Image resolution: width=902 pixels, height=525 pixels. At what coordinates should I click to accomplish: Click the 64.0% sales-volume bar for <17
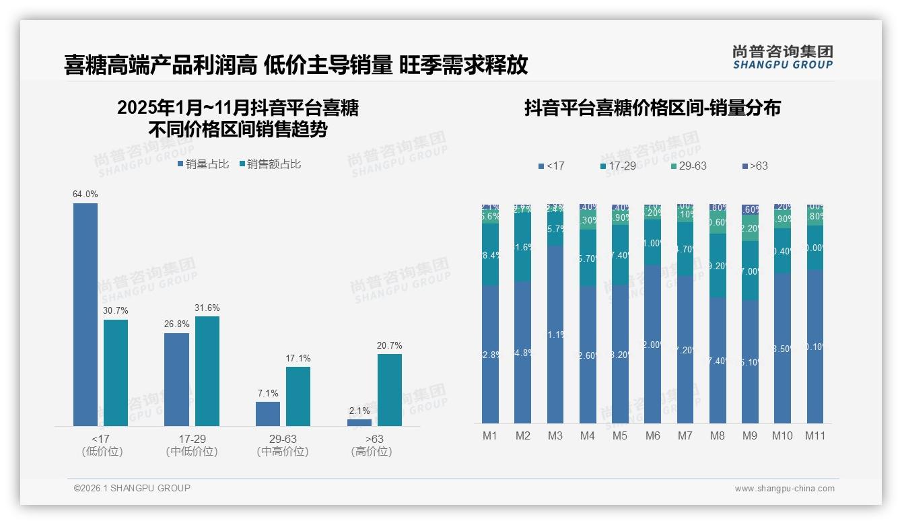pyautogui.click(x=85, y=314)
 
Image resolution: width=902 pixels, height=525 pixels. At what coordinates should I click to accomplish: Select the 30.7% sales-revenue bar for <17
pyautogui.click(x=116, y=372)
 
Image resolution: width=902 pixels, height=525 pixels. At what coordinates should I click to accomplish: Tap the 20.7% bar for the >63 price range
pyautogui.click(x=390, y=390)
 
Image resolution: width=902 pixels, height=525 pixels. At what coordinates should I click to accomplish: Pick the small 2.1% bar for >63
pyautogui.click(x=359, y=422)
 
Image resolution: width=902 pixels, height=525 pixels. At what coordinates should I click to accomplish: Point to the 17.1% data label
pyautogui.click(x=298, y=359)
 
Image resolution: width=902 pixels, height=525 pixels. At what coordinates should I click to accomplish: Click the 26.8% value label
pyautogui.click(x=176, y=324)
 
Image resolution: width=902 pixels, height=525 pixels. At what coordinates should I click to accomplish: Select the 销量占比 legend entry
pyautogui.click(x=203, y=164)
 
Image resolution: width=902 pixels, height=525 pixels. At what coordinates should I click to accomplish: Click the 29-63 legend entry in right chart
pyautogui.click(x=689, y=166)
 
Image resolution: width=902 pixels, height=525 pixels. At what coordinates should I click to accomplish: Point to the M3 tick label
pyautogui.click(x=555, y=435)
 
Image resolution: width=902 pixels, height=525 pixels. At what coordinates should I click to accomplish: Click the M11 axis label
pyautogui.click(x=815, y=435)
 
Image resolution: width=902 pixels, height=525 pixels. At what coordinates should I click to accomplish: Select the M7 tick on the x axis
pyautogui.click(x=685, y=435)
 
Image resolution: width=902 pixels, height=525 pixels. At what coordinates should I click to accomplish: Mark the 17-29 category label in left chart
pyautogui.click(x=192, y=439)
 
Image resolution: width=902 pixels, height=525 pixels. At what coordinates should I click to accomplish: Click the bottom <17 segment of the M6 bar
pyautogui.click(x=652, y=344)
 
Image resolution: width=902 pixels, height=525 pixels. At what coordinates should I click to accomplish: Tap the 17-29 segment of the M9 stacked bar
pyautogui.click(x=749, y=271)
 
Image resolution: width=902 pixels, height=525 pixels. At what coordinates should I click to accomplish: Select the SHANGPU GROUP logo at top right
pyautogui.click(x=782, y=57)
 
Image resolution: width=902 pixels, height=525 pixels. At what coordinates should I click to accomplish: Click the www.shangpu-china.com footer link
pyautogui.click(x=784, y=489)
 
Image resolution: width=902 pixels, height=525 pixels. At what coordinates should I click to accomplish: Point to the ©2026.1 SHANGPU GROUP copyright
pyautogui.click(x=132, y=488)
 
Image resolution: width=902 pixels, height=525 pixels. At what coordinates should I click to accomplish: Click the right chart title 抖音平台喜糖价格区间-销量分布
pyautogui.click(x=652, y=108)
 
